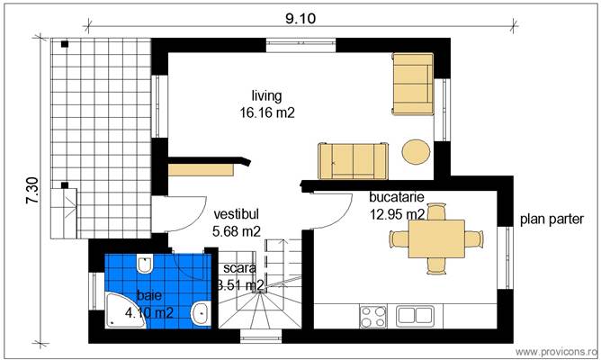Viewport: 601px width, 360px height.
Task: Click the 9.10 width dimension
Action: [301, 18]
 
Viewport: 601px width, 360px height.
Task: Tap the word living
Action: [267, 95]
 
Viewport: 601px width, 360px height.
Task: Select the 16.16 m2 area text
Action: [267, 112]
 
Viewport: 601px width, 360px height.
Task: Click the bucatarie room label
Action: [397, 197]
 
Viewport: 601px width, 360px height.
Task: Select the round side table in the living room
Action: [416, 151]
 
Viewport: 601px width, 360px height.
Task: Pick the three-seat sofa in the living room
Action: [354, 159]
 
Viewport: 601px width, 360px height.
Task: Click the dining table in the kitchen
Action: [435, 238]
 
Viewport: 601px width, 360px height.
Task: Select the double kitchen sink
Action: [416, 315]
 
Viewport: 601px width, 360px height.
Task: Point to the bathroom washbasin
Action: [202, 313]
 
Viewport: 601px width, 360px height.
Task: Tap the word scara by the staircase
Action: [240, 268]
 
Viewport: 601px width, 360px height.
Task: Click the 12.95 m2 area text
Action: [397, 214]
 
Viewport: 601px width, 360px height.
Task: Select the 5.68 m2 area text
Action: [236, 232]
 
